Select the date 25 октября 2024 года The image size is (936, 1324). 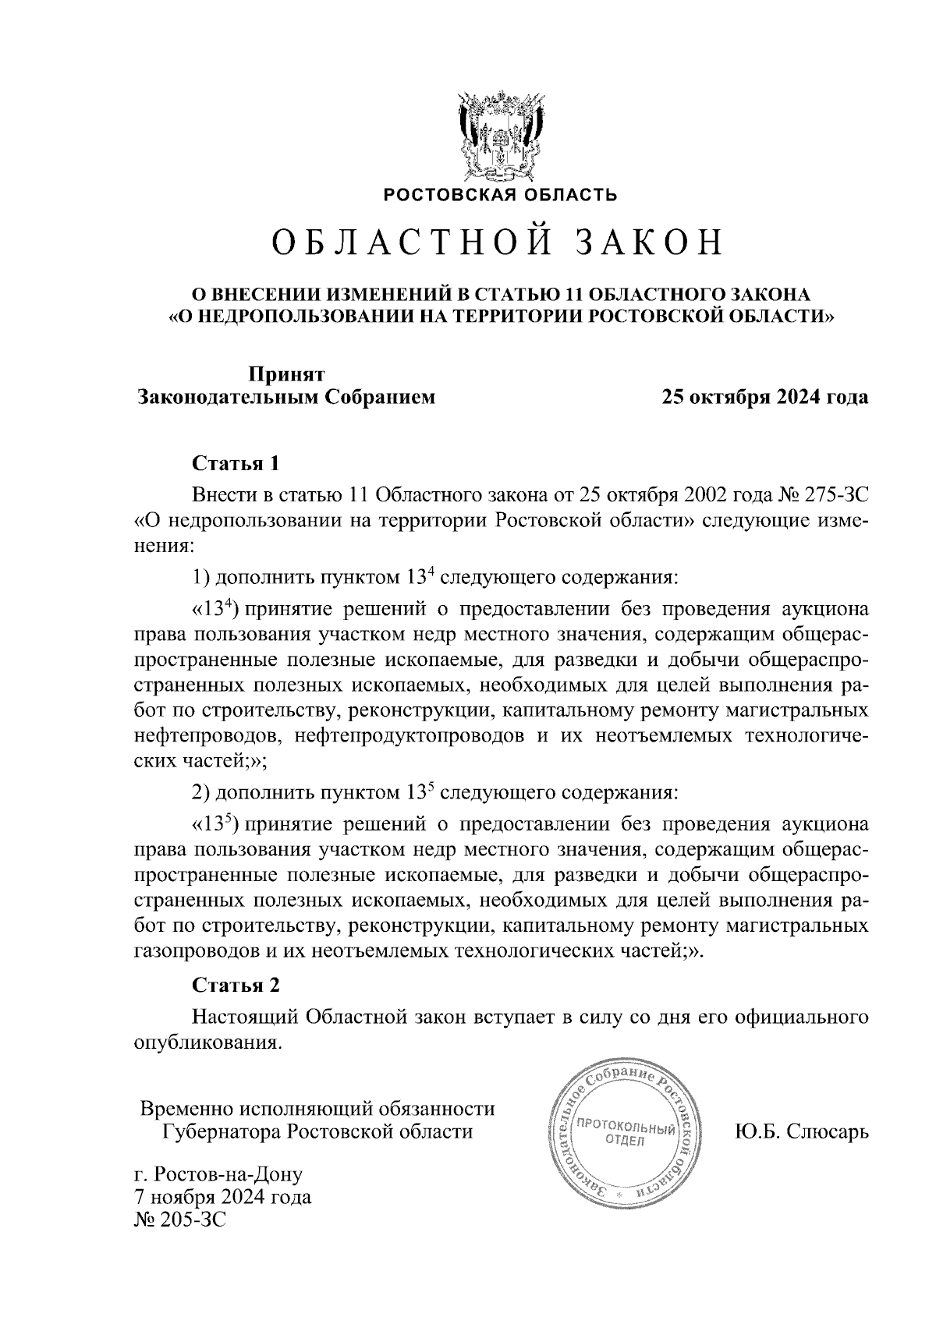(x=765, y=398)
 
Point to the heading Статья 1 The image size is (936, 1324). (x=236, y=464)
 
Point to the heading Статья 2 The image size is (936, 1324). (x=236, y=985)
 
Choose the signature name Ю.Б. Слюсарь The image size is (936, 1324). (x=801, y=1131)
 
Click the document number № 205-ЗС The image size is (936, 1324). (x=180, y=1220)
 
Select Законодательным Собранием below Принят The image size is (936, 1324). (x=286, y=398)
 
